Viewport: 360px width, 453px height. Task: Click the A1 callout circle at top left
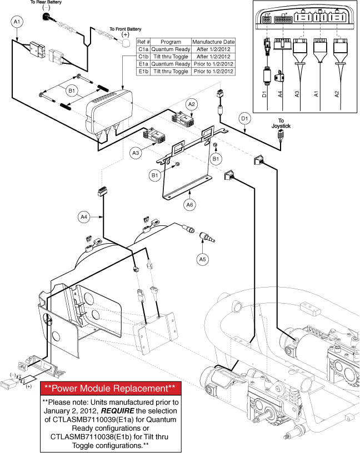point(17,22)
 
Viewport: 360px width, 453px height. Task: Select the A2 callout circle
point(192,104)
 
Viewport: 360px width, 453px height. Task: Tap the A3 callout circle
point(136,152)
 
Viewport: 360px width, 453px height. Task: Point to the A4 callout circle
point(83,215)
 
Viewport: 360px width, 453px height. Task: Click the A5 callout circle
point(203,258)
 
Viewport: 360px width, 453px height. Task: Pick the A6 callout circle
point(190,204)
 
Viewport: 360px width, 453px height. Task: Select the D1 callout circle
point(244,118)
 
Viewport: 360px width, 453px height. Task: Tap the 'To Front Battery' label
point(125,28)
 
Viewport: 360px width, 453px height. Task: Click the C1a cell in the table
point(143,49)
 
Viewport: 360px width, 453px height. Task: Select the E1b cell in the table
point(143,71)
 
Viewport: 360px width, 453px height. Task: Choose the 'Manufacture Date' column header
point(213,42)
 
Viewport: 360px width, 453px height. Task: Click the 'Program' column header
point(171,42)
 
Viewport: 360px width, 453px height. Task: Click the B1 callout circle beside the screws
point(71,89)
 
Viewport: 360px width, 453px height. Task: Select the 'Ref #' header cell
point(143,42)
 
